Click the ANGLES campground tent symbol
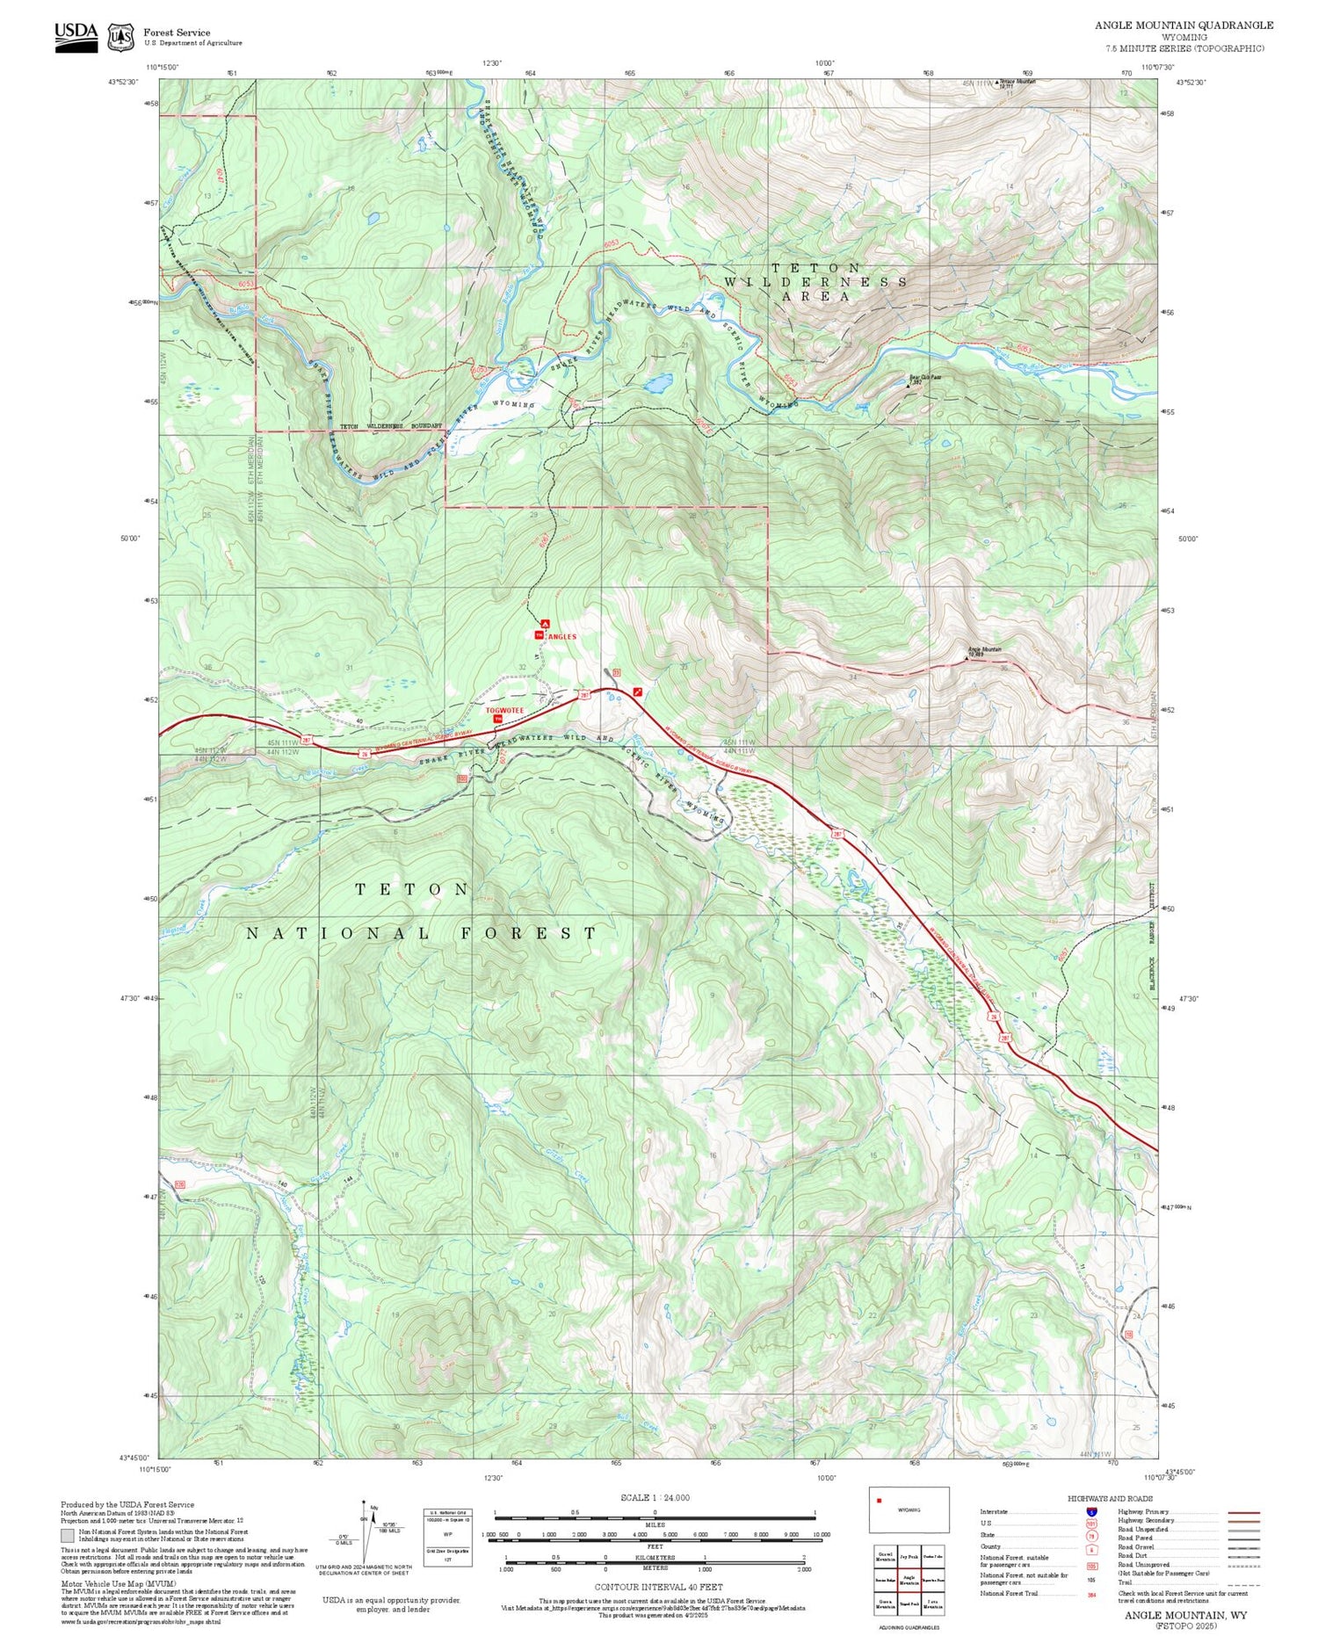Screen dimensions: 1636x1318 [545, 623]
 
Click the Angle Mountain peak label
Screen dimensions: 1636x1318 [984, 650]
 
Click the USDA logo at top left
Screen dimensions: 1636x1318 [76, 36]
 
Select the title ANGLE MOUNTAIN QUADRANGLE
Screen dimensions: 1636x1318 [1184, 25]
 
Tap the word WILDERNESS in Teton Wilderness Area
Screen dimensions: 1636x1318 [816, 282]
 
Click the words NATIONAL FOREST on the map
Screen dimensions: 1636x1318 [422, 933]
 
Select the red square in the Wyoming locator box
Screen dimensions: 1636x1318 [879, 1501]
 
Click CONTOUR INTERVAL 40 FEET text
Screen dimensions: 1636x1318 [658, 1588]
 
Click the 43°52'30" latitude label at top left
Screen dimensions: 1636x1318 [123, 82]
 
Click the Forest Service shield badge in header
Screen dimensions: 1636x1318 [120, 37]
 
